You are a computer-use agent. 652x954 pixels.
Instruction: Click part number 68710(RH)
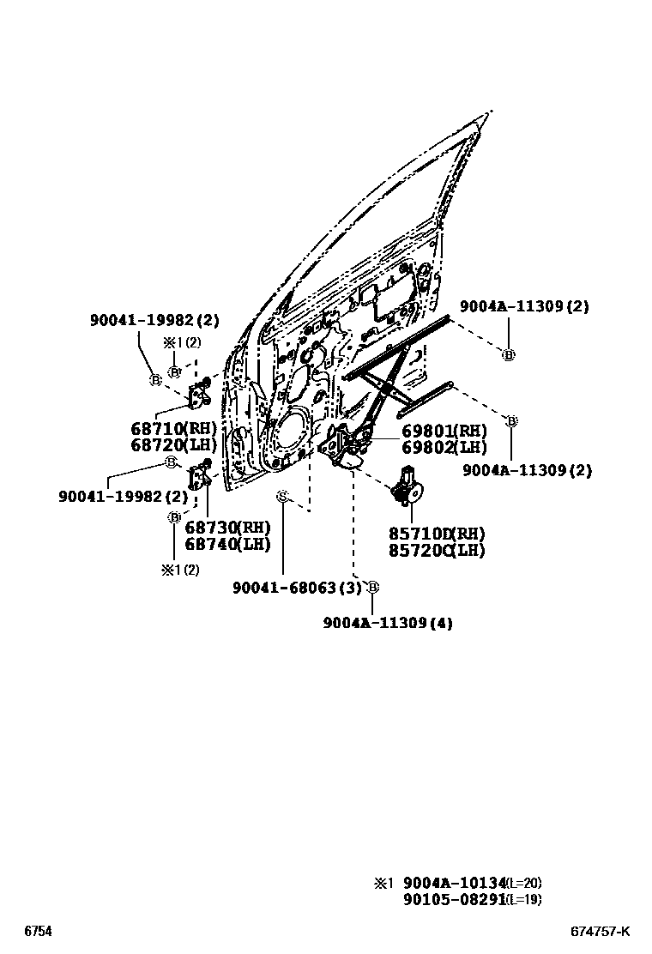(174, 427)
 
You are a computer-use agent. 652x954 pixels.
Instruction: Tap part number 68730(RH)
(226, 527)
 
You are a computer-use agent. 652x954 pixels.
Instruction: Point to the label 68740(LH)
(226, 543)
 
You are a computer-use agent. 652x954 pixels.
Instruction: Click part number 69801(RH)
(444, 431)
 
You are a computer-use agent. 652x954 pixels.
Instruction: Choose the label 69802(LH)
(444, 447)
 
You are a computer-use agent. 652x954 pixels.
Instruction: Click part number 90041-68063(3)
(297, 588)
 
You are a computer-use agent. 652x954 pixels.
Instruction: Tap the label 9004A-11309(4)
(388, 623)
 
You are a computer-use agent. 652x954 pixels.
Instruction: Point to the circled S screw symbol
(281, 497)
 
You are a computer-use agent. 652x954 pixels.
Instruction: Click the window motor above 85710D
(407, 486)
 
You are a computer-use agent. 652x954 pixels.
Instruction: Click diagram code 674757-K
(601, 932)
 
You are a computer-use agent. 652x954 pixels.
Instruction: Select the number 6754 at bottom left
(38, 932)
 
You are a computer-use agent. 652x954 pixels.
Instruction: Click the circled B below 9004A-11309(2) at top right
(508, 354)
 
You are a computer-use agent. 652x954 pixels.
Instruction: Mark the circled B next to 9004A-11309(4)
(372, 587)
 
